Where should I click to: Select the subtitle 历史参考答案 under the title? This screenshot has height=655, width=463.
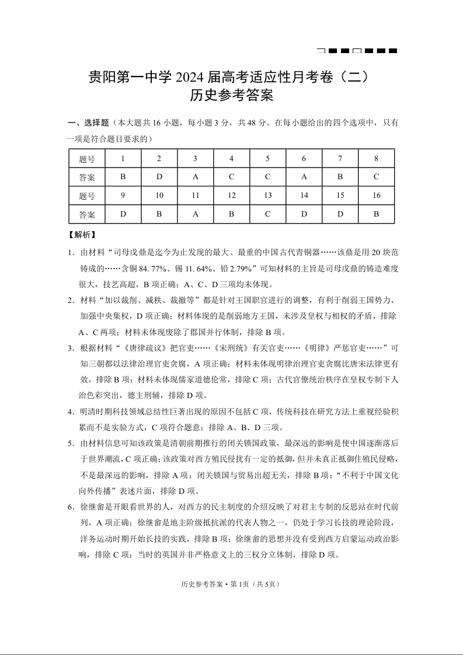coord(232,95)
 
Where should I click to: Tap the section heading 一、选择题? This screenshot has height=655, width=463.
coord(88,123)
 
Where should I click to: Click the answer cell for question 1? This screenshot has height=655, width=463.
coord(123,176)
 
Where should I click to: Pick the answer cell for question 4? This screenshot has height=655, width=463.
coord(232,176)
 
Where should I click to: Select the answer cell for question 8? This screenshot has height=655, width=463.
coord(376,176)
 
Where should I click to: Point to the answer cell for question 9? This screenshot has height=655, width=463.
coord(123,214)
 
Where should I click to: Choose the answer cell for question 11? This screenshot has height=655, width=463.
coord(196,214)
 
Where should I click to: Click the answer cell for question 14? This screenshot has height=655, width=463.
coord(304,214)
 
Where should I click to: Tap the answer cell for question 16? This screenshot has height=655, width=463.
coord(376,214)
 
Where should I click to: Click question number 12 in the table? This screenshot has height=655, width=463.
coord(232,196)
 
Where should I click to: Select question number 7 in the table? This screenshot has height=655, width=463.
coord(340,158)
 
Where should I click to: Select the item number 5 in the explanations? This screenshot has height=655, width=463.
coord(70,443)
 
